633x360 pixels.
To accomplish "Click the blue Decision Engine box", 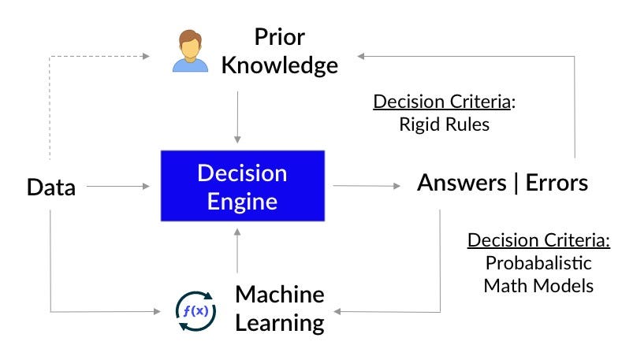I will tap(242, 187).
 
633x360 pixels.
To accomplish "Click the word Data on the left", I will tap(51, 187).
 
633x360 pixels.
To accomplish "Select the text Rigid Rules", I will tap(443, 124).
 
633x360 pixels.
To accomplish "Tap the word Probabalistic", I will tap(538, 262).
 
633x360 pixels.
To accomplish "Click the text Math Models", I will tap(538, 284).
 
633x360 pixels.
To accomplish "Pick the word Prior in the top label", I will tap(280, 36).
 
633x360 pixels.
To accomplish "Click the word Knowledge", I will tap(279, 65).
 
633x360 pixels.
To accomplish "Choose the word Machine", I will tap(280, 294).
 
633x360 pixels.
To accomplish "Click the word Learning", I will tap(280, 322).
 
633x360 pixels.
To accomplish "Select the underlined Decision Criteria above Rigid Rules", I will tap(443, 102).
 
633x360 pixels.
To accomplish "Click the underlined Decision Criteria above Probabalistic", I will tap(538, 239).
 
